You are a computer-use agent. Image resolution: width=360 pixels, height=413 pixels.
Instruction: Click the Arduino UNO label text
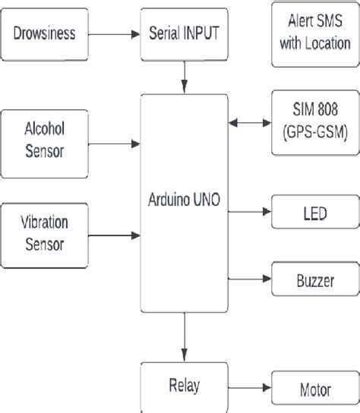185,200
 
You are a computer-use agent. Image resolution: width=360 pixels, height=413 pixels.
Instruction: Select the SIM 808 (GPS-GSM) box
314,123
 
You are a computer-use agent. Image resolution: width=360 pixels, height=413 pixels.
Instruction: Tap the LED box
314,215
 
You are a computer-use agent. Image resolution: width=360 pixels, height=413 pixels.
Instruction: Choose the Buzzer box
314,281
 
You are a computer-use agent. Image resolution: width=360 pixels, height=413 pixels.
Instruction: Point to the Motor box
314,390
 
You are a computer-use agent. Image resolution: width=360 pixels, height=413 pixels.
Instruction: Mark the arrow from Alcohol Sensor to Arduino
115,142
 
